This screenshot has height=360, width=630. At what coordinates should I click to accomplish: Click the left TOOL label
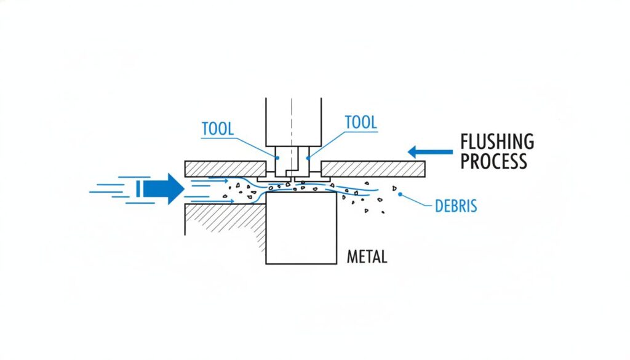218,129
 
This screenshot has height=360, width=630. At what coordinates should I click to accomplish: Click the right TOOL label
361,122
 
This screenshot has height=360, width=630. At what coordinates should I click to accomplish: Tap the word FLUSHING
497,142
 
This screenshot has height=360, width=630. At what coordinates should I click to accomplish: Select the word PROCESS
493,161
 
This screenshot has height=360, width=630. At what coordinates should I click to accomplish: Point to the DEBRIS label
456,206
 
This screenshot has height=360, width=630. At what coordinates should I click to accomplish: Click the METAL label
367,257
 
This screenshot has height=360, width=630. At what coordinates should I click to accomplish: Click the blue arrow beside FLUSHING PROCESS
430,151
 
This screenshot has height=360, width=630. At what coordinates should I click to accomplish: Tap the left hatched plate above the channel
225,168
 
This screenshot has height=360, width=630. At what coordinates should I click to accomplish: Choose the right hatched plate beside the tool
373,168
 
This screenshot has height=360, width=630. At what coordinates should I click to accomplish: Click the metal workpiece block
301,231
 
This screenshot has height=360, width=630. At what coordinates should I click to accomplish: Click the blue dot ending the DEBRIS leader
401,194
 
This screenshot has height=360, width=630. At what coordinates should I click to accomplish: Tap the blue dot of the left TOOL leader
277,158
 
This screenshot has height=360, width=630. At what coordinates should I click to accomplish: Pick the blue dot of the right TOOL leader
308,158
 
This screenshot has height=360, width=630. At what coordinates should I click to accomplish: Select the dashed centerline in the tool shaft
293,129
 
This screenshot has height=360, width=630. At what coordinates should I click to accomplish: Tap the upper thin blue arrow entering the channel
210,180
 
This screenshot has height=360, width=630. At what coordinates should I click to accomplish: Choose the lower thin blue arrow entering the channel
210,201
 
